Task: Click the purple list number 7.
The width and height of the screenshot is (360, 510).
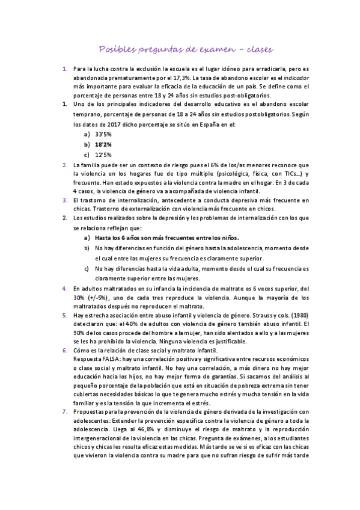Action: tap(65, 411)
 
